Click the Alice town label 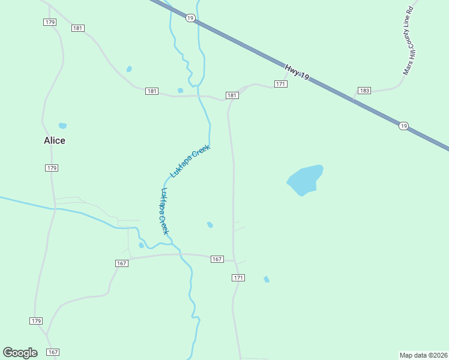point(54,140)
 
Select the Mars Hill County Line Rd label point(409,41)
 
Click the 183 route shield point(364,91)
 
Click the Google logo point(20,353)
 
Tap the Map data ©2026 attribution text point(424,355)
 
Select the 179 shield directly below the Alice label point(52,168)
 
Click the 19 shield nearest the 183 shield point(403,125)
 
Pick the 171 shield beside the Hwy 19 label point(280,83)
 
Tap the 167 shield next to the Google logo point(52,352)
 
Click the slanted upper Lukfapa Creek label point(190,161)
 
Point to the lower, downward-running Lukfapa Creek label point(164,211)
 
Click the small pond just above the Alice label point(62,126)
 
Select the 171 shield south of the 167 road point(239,278)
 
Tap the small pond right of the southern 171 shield point(267,279)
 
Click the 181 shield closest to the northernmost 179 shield point(77,28)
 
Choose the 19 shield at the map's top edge point(190,19)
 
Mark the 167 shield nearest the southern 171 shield point(217,259)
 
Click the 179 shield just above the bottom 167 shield point(36,321)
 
